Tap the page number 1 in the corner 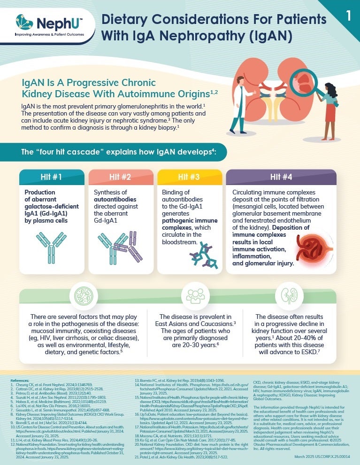coord(348,15)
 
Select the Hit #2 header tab coord(121,177)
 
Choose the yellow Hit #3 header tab coord(189,177)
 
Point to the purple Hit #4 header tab coord(281,177)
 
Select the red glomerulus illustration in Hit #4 coord(313,248)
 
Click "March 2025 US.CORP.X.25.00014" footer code coord(322,456)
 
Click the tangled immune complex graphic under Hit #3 coord(204,257)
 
